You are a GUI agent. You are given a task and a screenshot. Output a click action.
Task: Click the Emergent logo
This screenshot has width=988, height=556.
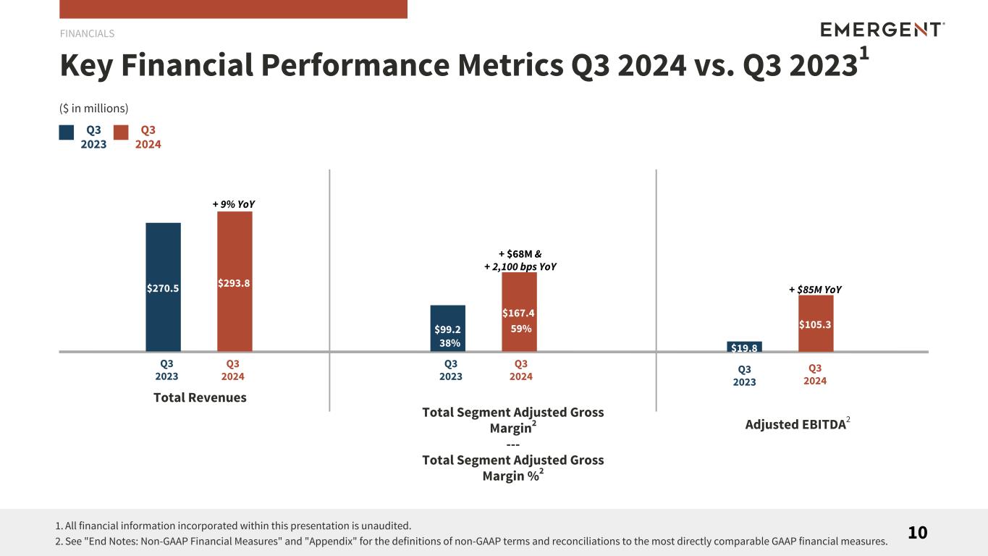point(882,30)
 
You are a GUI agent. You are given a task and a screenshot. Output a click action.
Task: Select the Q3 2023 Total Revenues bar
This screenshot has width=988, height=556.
point(163,287)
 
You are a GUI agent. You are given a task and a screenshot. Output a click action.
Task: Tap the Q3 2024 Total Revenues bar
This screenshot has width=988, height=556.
point(235,282)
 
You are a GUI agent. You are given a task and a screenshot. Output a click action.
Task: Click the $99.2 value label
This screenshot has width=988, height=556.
point(447,329)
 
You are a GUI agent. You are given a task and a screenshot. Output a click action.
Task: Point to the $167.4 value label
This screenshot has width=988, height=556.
point(518,313)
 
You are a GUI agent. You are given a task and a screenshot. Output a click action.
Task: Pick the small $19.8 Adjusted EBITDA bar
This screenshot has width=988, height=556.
point(744,347)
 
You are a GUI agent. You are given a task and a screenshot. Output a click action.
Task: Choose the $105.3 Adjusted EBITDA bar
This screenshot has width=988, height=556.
point(816,324)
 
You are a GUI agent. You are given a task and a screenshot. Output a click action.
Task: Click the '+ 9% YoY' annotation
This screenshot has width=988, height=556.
point(233,204)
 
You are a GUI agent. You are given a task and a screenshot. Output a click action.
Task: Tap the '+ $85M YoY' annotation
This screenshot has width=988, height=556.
point(815,290)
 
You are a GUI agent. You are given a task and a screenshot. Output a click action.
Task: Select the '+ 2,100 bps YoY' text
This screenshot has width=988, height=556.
point(520,266)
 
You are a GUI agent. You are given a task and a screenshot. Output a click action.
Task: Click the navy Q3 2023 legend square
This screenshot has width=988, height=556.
point(66,132)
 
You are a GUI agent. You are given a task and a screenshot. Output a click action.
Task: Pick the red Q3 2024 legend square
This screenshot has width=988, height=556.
point(121,132)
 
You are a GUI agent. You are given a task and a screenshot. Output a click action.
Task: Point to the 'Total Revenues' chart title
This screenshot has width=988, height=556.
point(200,397)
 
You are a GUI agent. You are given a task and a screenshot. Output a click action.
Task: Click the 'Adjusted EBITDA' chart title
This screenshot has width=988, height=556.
point(795,424)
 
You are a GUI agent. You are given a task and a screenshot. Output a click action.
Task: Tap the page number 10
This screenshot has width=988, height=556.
point(918,533)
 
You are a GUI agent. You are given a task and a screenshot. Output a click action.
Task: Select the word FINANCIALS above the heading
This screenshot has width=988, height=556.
point(87,33)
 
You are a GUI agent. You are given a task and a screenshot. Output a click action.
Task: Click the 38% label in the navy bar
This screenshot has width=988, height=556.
point(449,343)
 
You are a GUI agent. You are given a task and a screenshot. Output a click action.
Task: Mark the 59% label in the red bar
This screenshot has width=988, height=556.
point(521,329)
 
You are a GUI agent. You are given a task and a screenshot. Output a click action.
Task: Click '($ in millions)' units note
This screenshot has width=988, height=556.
point(93,109)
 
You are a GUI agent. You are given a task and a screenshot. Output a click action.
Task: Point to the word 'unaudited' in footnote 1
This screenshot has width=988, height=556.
point(386,526)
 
